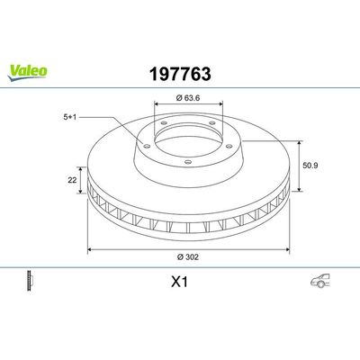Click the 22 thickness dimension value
(x=71, y=180)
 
